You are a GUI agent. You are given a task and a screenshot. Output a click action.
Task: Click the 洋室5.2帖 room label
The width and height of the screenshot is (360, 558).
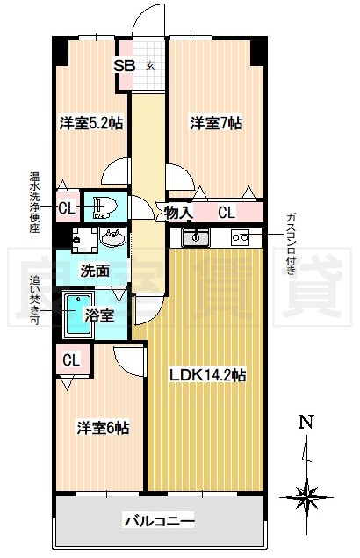click(91, 123)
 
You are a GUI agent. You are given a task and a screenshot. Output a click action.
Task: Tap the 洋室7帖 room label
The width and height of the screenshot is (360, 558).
click(216, 123)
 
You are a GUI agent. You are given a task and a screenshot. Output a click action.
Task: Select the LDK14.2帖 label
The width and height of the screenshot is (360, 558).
click(207, 374)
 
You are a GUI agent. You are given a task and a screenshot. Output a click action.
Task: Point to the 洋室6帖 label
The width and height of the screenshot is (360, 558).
click(103, 427)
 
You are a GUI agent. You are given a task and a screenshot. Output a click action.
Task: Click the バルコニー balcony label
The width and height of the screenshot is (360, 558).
click(159, 522)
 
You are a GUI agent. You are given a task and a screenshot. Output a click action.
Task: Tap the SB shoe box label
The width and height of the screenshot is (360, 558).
click(124, 66)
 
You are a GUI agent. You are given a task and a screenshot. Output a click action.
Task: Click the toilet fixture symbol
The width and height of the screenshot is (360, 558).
click(104, 207)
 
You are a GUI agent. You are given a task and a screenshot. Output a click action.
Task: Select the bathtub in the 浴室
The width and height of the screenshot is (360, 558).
click(78, 315)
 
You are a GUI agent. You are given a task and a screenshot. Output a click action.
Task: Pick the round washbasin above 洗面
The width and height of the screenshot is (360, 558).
click(112, 237)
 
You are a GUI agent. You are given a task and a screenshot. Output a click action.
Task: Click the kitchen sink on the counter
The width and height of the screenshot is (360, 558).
click(195, 237)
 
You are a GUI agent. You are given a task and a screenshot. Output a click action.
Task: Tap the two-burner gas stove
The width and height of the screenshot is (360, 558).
click(240, 237)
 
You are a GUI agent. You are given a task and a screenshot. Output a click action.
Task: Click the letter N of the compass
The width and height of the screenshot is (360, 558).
click(306, 422)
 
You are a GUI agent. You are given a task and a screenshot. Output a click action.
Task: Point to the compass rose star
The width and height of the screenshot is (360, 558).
click(306, 496)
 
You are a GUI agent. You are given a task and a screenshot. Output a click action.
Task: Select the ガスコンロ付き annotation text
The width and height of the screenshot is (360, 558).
click(291, 243)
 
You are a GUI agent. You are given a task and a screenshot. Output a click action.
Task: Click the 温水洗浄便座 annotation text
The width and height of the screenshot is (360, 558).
click(34, 202)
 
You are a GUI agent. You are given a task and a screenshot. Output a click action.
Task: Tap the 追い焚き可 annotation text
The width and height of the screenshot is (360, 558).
click(34, 300)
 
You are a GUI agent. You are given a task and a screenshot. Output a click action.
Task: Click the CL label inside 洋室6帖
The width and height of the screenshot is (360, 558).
click(71, 360)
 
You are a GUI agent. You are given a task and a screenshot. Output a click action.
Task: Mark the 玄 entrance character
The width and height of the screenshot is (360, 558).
click(150, 66)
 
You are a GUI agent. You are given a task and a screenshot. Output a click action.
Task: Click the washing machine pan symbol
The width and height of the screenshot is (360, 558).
click(84, 240)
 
